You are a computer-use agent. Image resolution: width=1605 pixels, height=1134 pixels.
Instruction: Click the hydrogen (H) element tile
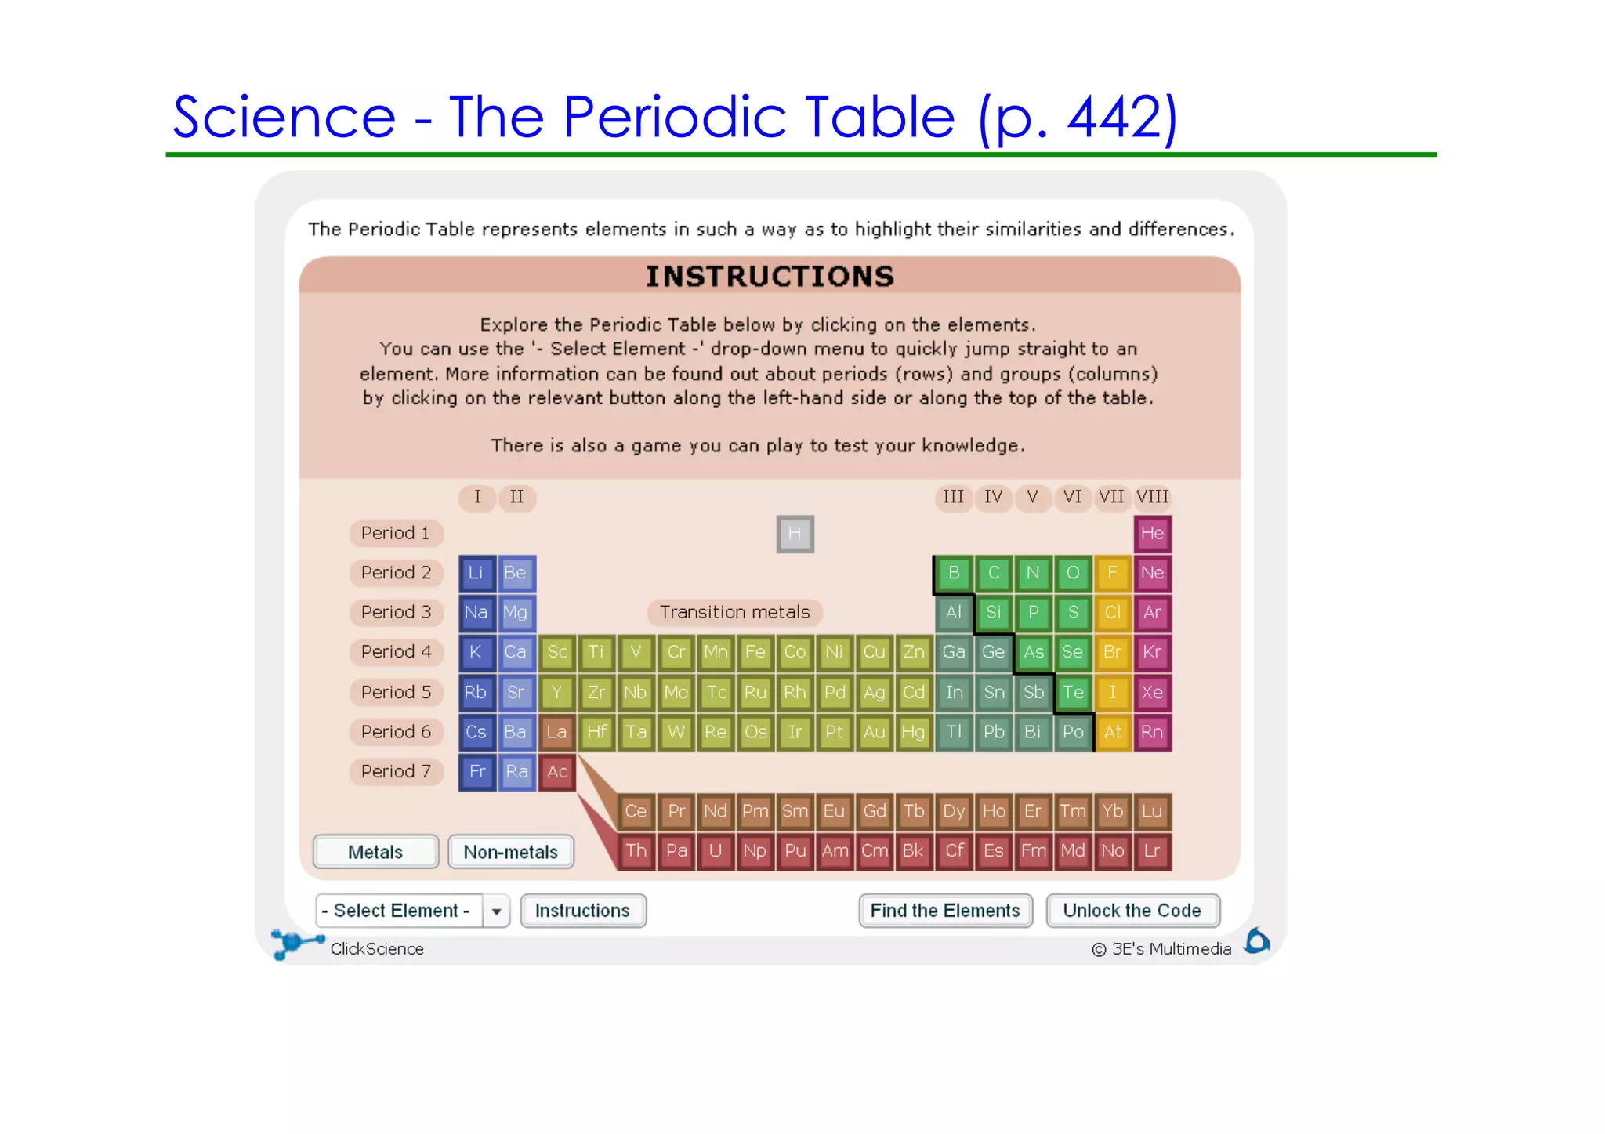click(795, 534)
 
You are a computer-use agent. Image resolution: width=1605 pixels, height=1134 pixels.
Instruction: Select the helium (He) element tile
click(1151, 534)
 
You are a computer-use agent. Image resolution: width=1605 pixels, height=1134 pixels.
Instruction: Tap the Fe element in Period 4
click(755, 652)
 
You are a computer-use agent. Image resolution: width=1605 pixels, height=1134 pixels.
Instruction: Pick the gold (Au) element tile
click(874, 732)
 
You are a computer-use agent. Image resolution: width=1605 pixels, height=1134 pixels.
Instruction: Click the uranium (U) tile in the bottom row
click(715, 851)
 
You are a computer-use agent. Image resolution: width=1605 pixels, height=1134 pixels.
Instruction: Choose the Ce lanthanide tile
click(636, 811)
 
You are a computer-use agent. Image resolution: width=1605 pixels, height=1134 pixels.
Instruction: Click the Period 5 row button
click(396, 692)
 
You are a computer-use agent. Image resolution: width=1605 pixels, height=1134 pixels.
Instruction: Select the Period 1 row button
click(396, 533)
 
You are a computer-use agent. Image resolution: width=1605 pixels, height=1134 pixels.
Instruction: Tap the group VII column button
click(1111, 497)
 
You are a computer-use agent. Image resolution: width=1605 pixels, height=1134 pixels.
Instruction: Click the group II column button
click(516, 497)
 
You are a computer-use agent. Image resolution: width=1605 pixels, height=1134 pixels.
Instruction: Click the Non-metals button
click(510, 852)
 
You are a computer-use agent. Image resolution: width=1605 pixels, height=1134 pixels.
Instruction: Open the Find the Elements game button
click(945, 911)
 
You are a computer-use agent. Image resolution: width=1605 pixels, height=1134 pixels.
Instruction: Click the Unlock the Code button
click(1132, 911)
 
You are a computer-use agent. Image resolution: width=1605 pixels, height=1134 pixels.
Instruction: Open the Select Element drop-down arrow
click(496, 911)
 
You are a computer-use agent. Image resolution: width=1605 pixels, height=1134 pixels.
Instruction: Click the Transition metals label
click(734, 612)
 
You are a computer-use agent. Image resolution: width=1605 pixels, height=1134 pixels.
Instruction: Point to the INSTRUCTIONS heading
click(770, 277)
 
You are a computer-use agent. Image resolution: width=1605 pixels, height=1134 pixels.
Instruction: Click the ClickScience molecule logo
click(295, 942)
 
